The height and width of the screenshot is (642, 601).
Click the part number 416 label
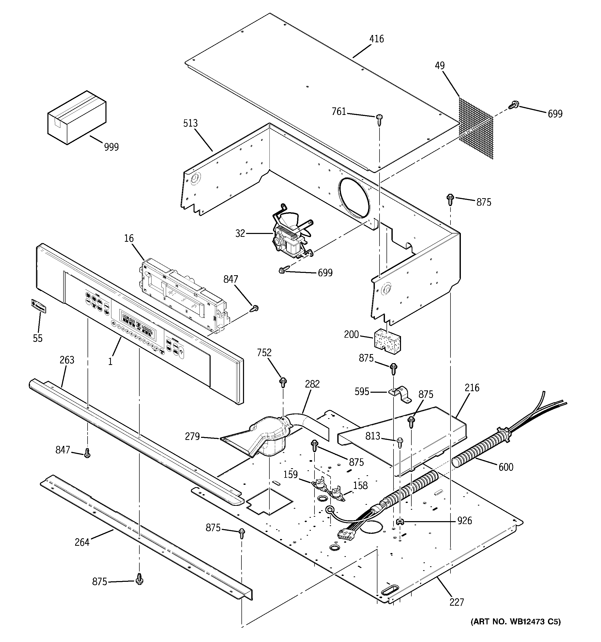point(376,39)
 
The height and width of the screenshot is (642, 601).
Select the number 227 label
point(456,602)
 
